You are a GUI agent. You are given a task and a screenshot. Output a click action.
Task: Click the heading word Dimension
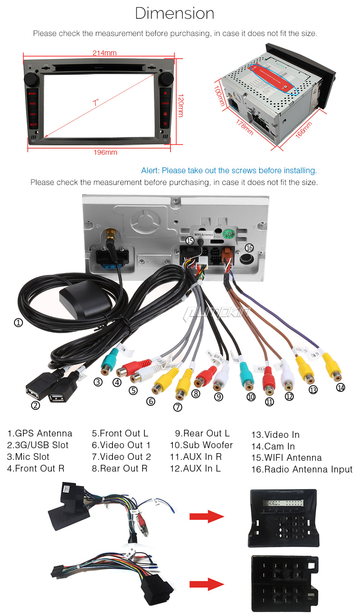pos(175,13)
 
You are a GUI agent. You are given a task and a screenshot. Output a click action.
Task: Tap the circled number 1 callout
pos(18,323)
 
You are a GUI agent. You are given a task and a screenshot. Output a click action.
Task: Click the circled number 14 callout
pos(341,387)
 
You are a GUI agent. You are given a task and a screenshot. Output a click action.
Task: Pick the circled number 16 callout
pos(250,248)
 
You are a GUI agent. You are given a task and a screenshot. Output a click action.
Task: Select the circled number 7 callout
pos(178,407)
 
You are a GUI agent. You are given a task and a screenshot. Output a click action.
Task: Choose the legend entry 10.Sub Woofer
pos(201,445)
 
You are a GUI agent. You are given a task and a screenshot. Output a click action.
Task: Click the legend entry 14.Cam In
pos(273,446)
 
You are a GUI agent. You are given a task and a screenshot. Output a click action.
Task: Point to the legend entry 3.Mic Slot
pos(28,457)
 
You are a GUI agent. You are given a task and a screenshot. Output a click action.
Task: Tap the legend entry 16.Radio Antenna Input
pos(301,470)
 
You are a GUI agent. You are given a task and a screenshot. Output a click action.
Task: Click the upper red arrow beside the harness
pos(207,517)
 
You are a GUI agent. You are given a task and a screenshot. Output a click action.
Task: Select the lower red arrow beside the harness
pos(207,585)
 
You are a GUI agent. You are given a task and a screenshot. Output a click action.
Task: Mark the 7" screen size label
pos(95,103)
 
